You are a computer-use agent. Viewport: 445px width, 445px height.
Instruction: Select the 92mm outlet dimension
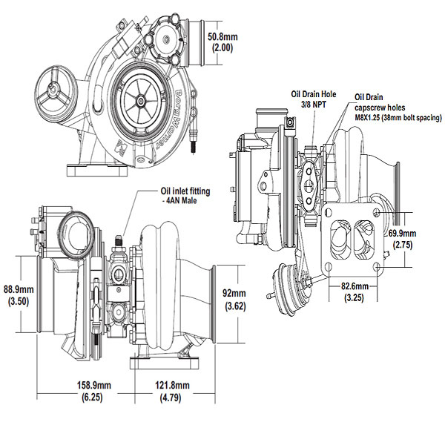(x=234, y=293)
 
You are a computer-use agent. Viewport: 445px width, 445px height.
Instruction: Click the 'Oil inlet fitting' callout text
(x=185, y=191)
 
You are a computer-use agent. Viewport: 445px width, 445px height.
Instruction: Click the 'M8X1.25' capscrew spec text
(x=372, y=117)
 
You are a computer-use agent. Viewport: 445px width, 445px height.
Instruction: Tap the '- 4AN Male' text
(x=180, y=201)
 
